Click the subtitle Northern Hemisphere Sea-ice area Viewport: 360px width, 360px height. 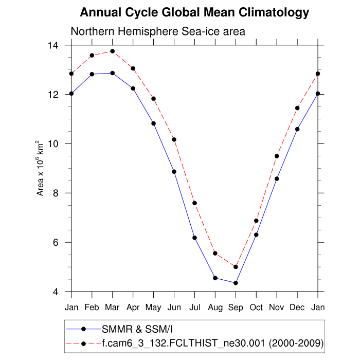point(158,31)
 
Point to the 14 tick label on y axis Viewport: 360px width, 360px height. point(53,45)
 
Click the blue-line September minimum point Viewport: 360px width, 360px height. point(236,283)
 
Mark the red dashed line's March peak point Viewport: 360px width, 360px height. point(113,51)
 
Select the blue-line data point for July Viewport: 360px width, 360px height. point(194,238)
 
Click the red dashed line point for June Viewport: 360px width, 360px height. point(174,139)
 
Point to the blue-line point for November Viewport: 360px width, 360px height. point(277,178)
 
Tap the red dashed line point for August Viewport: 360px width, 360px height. point(215,253)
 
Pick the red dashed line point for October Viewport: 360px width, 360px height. point(256,221)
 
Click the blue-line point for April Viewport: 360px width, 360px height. point(133,88)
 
